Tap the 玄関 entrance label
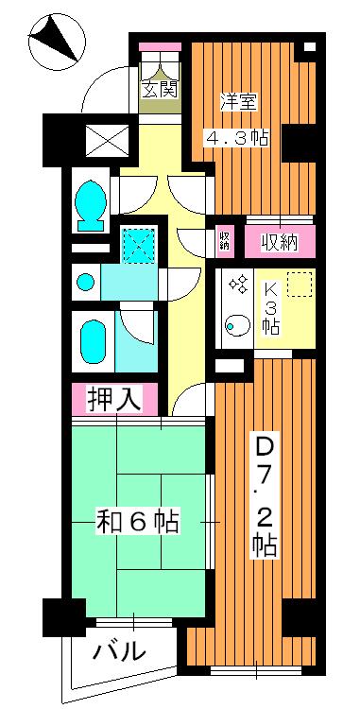click(160, 91)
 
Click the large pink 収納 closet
click(275, 242)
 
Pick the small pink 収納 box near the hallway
click(225, 241)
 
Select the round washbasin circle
click(85, 282)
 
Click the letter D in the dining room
click(265, 444)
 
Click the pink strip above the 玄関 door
click(159, 47)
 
